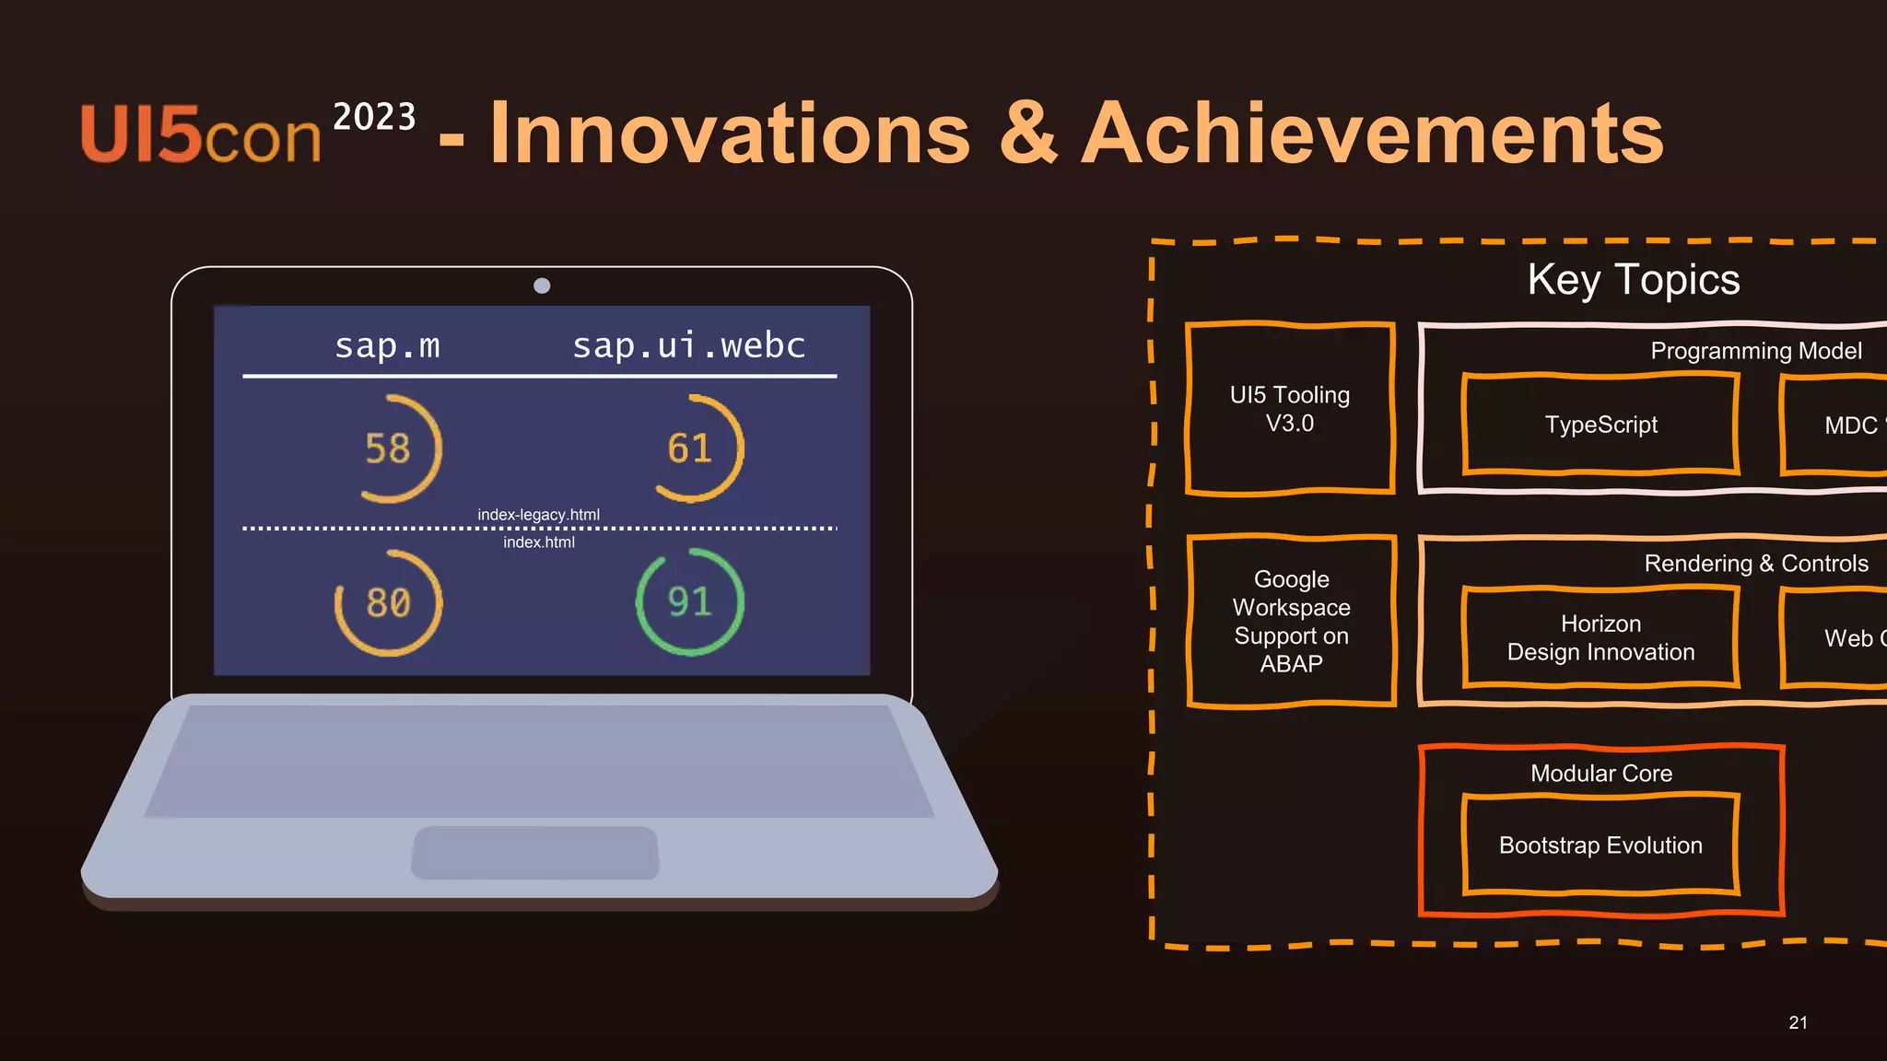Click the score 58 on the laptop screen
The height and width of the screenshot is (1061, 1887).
pyautogui.click(x=388, y=449)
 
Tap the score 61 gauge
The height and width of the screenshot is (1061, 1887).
pyautogui.click(x=691, y=449)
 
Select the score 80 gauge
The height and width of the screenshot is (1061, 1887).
pyautogui.click(x=388, y=603)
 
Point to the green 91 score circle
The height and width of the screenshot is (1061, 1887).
pyautogui.click(x=690, y=602)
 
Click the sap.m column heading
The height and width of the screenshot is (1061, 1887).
pyautogui.click(x=387, y=345)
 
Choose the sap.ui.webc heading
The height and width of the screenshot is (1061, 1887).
pyautogui.click(x=688, y=345)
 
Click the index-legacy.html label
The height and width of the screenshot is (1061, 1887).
pyautogui.click(x=538, y=515)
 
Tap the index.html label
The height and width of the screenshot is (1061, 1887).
pyautogui.click(x=538, y=542)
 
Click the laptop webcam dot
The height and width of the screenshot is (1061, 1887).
pyautogui.click(x=542, y=286)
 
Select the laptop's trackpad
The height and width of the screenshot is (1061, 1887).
pyautogui.click(x=535, y=852)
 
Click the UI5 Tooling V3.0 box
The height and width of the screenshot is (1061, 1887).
pyautogui.click(x=1289, y=409)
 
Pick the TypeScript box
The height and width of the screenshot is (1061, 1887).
pyautogui.click(x=1600, y=425)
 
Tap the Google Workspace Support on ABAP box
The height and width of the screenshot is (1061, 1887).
pyautogui.click(x=1291, y=622)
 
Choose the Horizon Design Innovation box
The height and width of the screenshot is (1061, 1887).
pyautogui.click(x=1600, y=638)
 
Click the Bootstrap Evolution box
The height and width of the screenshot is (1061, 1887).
pyautogui.click(x=1600, y=845)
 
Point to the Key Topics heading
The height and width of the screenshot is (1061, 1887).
pyautogui.click(x=1633, y=279)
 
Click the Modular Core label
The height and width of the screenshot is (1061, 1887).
pyautogui.click(x=1600, y=774)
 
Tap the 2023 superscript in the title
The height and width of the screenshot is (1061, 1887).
pyautogui.click(x=374, y=117)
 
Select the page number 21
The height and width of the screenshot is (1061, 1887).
pyautogui.click(x=1798, y=1022)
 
